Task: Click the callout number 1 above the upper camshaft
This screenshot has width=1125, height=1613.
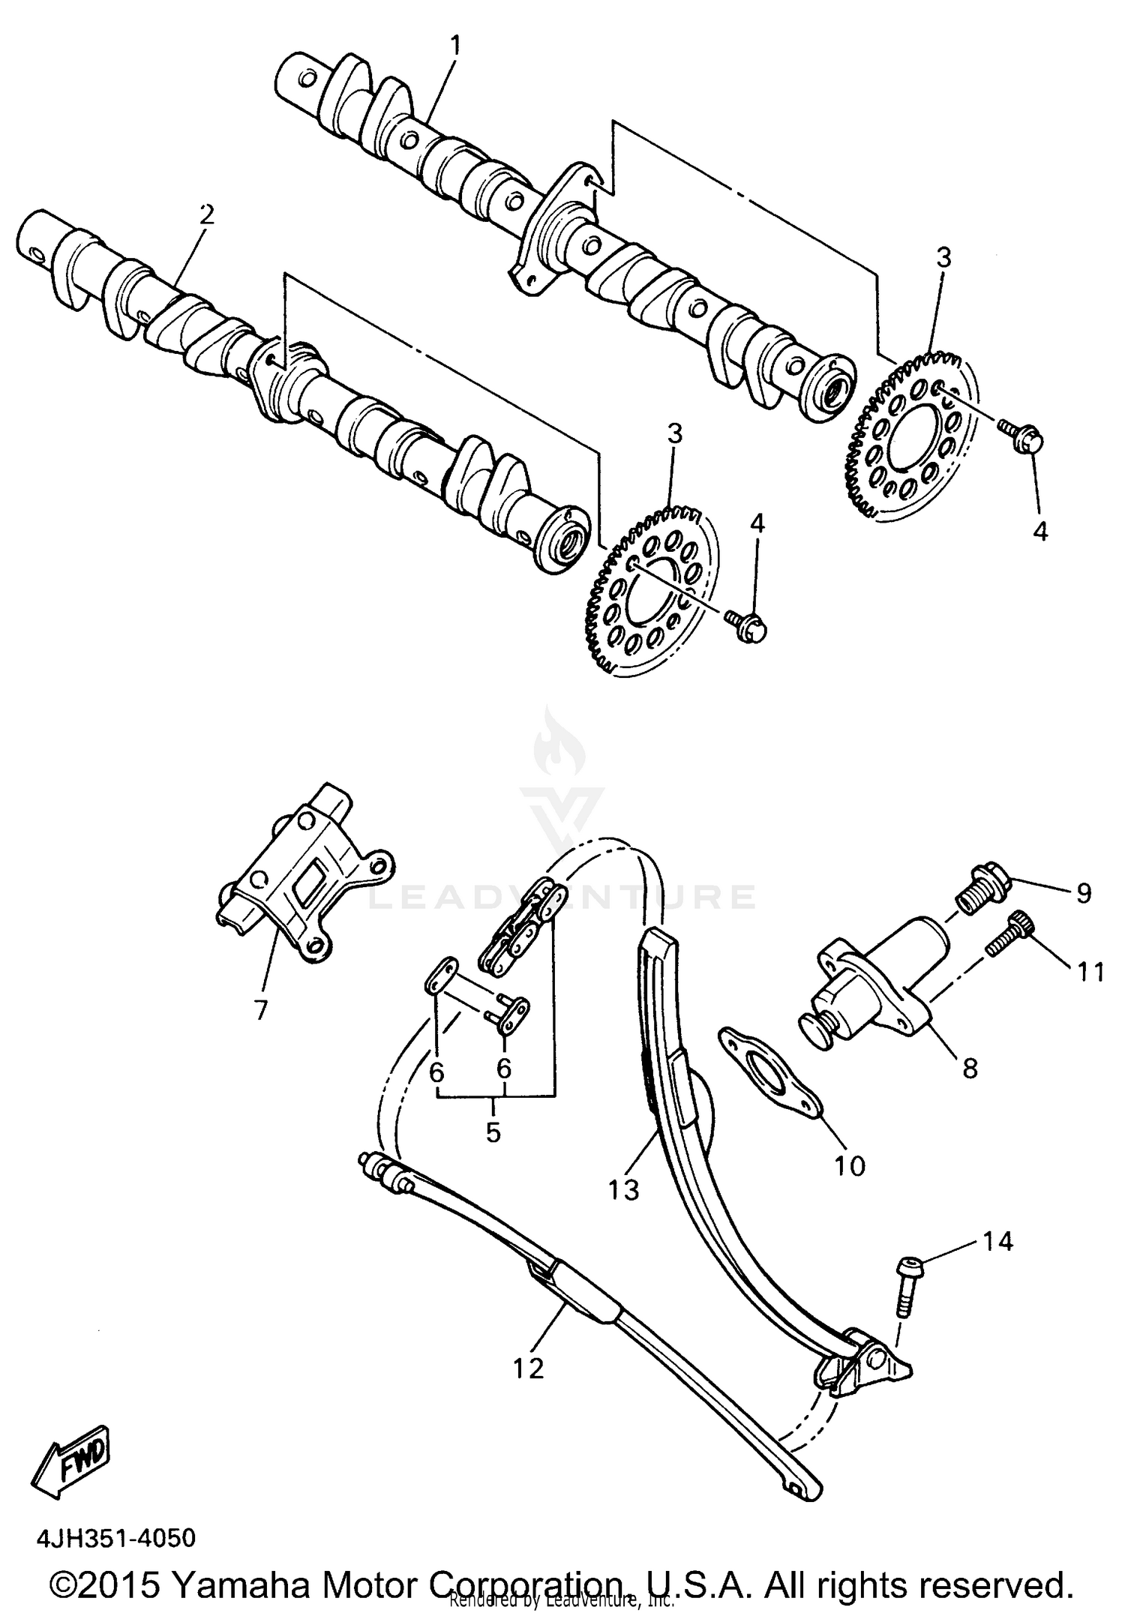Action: (455, 46)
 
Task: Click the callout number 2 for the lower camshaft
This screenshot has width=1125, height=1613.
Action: (206, 215)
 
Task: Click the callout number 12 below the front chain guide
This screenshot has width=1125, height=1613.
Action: (528, 1368)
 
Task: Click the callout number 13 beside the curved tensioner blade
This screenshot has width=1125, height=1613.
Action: (624, 1189)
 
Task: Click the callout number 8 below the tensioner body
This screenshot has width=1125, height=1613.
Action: (970, 1068)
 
